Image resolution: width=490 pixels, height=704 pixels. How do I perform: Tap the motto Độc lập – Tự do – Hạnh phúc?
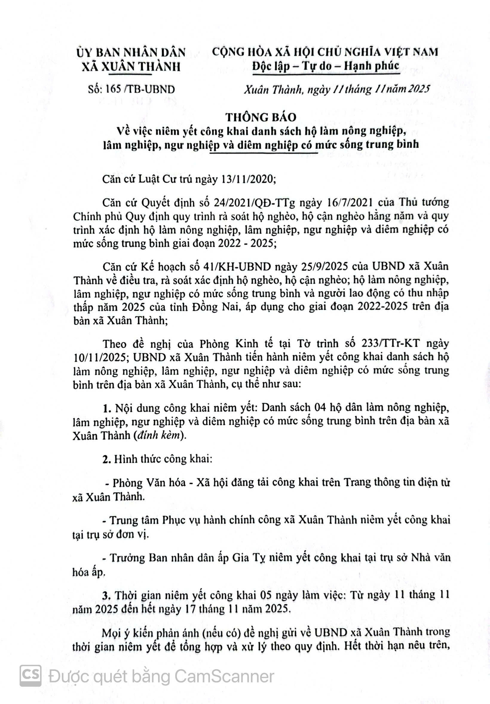325,66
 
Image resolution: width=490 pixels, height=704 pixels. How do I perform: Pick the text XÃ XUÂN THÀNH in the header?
131,67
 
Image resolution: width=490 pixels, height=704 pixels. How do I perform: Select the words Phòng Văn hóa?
149,483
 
